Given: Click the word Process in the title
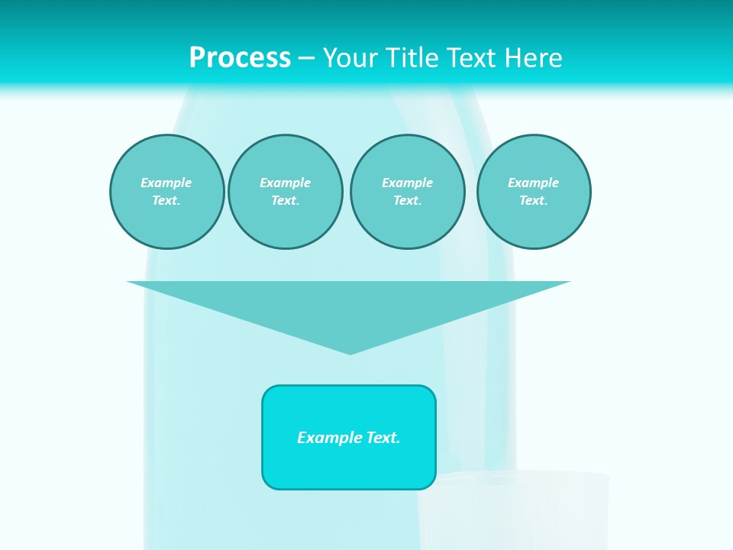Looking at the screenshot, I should pos(240,58).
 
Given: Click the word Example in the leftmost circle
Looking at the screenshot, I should pos(166,183).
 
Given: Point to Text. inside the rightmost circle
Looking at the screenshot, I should pos(533,200).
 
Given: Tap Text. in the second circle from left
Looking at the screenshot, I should pos(285,200).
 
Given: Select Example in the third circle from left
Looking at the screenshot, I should pos(407,183).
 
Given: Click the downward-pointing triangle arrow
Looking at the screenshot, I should pos(349,306).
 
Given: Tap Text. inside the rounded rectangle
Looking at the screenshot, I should pos(383,438).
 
